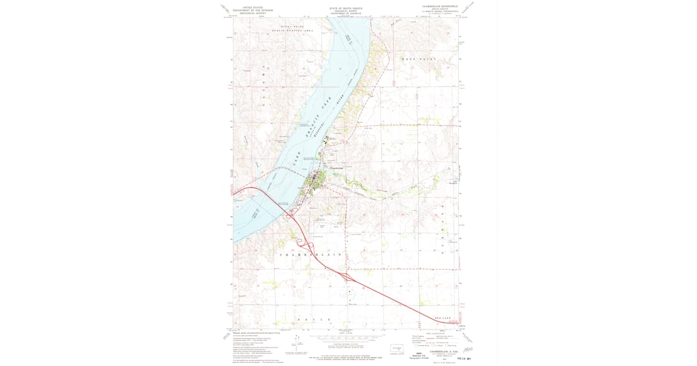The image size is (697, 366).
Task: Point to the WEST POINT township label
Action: click(x=419, y=59)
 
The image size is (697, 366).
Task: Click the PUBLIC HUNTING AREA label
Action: click(x=296, y=30)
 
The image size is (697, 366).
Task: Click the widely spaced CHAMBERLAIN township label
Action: click(x=310, y=254)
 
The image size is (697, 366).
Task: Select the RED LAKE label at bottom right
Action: click(x=443, y=318)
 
